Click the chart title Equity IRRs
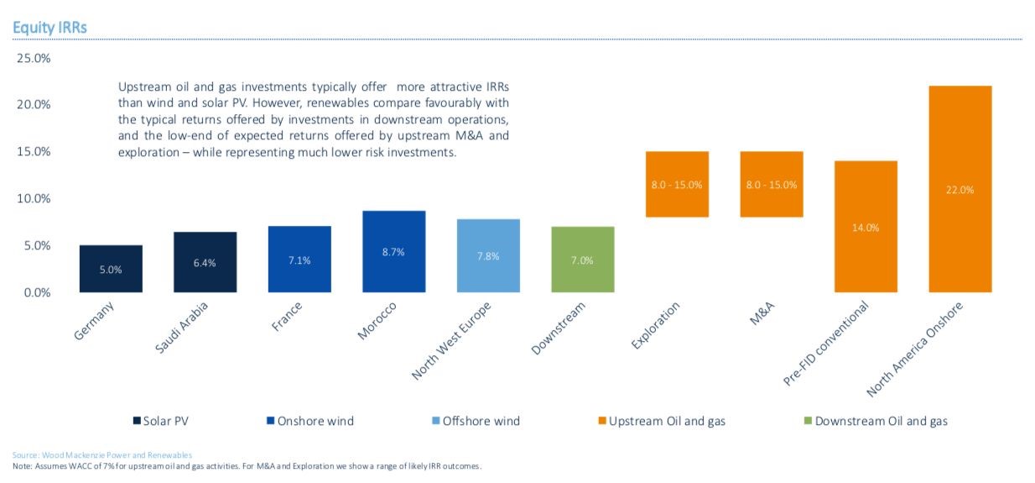pyautogui.click(x=49, y=28)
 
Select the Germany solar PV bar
pyautogui.click(x=111, y=269)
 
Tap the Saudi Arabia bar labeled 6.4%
pyautogui.click(x=205, y=262)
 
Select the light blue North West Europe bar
pyautogui.click(x=488, y=255)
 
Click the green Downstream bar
pyautogui.click(x=582, y=260)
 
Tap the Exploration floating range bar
pyautogui.click(x=677, y=184)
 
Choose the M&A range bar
pyautogui.click(x=771, y=184)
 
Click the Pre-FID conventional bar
pyautogui.click(x=866, y=227)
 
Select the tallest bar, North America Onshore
pyautogui.click(x=960, y=189)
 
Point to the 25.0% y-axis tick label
pyautogui.click(x=34, y=58)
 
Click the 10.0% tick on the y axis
pyautogui.click(x=34, y=199)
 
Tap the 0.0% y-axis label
pyautogui.click(x=37, y=293)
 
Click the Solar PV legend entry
pyautogui.click(x=166, y=420)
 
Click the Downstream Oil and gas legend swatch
pyautogui.click(x=808, y=420)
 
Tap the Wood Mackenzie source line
pyautogui.click(x=102, y=454)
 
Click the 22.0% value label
pyautogui.click(x=960, y=190)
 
